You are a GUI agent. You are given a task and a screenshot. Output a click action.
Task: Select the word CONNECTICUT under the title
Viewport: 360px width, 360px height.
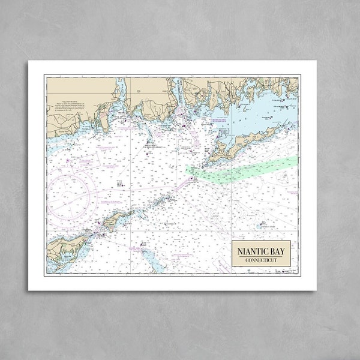[261, 260]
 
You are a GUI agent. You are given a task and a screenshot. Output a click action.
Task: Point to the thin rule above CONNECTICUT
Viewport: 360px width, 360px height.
[261, 256]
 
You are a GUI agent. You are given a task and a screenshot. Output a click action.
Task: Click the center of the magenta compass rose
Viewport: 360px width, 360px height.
[70, 193]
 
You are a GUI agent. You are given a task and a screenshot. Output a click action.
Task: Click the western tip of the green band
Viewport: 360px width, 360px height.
[188, 170]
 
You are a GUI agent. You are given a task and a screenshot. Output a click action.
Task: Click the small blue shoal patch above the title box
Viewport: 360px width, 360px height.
[262, 226]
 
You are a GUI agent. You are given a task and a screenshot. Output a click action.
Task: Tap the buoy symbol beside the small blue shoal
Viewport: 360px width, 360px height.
[258, 226]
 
